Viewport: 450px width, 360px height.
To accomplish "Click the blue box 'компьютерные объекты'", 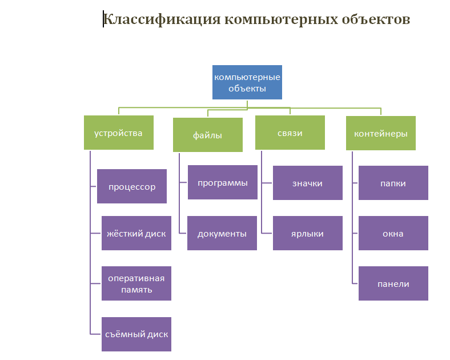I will click(x=247, y=82).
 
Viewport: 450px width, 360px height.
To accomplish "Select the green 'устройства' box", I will click(x=119, y=133).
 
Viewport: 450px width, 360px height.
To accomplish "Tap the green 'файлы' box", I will click(x=208, y=135).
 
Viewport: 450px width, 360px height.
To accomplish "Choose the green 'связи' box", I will click(x=290, y=133).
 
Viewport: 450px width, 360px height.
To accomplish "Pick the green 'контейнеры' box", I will click(x=381, y=133).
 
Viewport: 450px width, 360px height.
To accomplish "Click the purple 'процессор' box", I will click(x=132, y=186).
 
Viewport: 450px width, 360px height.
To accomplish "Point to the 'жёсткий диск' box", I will click(x=136, y=233).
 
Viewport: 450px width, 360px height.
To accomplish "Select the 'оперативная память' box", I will click(x=136, y=283).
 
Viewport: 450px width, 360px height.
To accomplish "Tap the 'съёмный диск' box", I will click(x=136, y=334).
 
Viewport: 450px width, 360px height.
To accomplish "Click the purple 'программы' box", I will click(x=222, y=183).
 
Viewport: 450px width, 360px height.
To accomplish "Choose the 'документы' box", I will click(x=222, y=233).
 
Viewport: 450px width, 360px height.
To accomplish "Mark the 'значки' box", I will click(x=308, y=183).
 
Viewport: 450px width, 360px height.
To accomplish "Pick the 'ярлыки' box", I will click(x=308, y=233).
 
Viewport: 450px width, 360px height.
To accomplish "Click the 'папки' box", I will click(x=393, y=183).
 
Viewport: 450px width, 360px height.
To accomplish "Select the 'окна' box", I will click(x=393, y=233).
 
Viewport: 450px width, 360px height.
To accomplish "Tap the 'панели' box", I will click(x=393, y=283).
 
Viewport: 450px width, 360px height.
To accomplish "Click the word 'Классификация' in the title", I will click(x=162, y=19).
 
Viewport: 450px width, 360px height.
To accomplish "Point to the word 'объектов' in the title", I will click(x=372, y=19).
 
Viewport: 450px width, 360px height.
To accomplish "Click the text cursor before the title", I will click(x=103, y=19).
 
